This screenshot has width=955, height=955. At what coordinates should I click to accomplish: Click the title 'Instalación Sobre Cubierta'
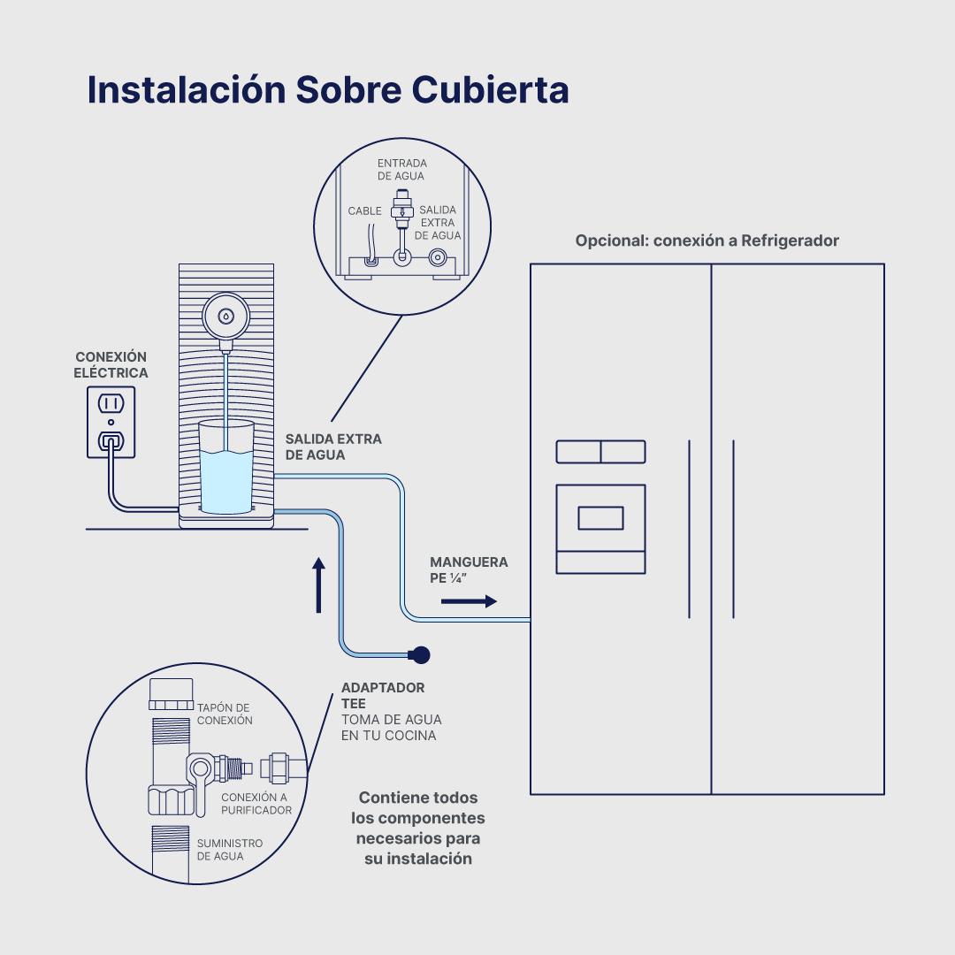(327, 90)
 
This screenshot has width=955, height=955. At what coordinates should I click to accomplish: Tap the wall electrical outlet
(111, 422)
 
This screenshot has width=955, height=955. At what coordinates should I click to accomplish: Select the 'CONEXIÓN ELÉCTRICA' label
(111, 365)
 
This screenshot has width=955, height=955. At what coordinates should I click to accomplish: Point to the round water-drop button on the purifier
(225, 316)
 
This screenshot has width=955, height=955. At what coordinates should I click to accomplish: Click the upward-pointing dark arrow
(318, 584)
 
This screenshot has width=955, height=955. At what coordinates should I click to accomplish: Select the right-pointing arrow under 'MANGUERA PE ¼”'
(469, 601)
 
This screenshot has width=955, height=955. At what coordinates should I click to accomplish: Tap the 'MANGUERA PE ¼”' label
(469, 570)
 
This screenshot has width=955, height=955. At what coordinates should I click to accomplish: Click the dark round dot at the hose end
(421, 654)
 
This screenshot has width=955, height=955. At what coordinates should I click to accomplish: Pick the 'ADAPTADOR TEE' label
(382, 695)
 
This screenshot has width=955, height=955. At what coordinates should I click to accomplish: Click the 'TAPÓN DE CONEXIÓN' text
(225, 714)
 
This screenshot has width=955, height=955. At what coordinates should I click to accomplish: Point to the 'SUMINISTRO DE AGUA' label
(229, 850)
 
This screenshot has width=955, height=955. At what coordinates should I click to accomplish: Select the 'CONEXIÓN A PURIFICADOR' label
(256, 803)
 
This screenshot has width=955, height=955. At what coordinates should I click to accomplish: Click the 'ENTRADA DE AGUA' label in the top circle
(401, 170)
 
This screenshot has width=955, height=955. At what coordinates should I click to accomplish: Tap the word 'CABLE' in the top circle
(364, 211)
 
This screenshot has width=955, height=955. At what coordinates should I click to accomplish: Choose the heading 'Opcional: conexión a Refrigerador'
(707, 241)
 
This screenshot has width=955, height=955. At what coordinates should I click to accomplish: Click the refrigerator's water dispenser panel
(600, 528)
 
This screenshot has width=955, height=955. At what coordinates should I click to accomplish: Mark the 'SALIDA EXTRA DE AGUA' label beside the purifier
(333, 447)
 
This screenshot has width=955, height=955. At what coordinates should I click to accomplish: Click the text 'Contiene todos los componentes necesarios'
(417, 828)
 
